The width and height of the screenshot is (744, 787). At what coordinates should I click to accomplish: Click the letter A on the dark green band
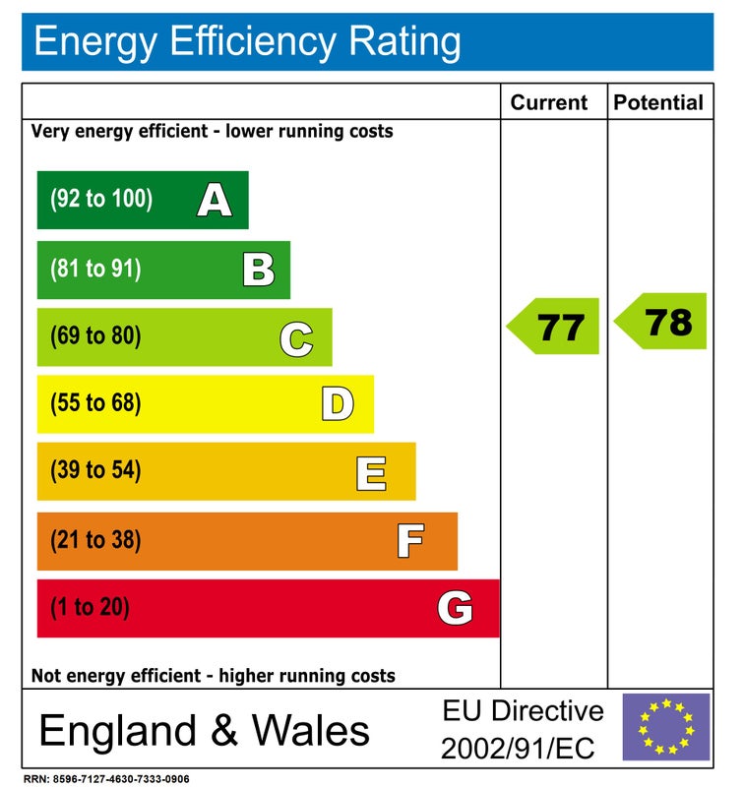coord(214,201)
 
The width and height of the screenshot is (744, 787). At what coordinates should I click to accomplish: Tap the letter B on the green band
coord(259,269)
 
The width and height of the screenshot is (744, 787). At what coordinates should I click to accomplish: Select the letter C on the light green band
coord(296,337)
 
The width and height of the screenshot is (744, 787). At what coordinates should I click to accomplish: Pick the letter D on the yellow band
coord(338,403)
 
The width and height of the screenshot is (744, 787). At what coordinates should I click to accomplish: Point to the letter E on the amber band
coord(371,472)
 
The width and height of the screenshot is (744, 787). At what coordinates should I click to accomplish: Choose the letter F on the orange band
coord(410,540)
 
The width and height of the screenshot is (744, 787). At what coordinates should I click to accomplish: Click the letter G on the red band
coord(455,608)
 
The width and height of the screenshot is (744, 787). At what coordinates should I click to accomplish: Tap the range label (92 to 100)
coord(101,200)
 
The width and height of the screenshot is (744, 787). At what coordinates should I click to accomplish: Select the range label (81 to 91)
coord(95,269)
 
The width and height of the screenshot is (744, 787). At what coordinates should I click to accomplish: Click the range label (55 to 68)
coord(95,403)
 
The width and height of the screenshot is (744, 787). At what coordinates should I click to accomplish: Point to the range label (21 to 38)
coord(95,540)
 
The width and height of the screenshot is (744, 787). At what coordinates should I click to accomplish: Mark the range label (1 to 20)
coord(90,608)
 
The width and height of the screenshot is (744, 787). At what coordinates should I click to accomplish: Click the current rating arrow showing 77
coord(554,327)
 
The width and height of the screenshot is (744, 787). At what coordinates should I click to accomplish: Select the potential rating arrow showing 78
coord(661,321)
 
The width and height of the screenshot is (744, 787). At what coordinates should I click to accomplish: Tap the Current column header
coord(549,102)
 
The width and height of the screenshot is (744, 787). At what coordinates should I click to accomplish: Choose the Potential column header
coord(658,102)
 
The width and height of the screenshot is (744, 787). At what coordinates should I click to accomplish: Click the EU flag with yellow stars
coord(665,727)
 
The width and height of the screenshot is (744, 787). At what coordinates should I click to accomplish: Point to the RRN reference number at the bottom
coord(106,779)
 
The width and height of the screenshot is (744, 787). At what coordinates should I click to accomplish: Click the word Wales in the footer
coord(311,731)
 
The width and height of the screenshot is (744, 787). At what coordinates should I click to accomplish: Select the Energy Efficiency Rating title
coord(247,42)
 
